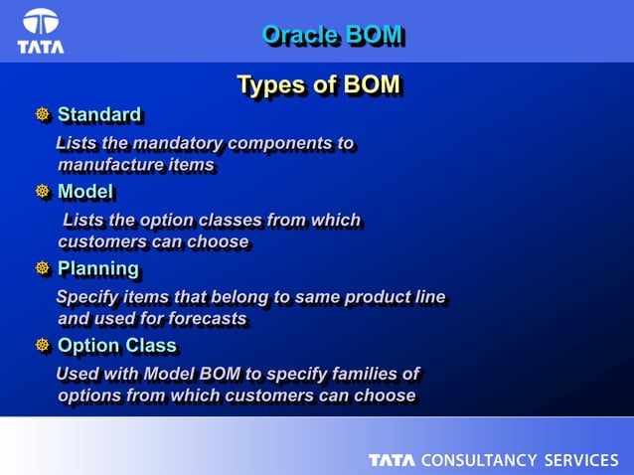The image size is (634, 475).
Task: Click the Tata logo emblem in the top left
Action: [x=41, y=24]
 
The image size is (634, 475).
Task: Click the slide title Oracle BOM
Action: [x=332, y=36]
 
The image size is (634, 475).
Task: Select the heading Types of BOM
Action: [x=318, y=85]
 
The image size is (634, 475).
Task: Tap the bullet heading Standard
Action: [x=98, y=115]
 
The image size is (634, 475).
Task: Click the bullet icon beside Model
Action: [x=43, y=192]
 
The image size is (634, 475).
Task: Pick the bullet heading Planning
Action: [x=97, y=269]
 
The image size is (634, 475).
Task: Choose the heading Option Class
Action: [x=116, y=346]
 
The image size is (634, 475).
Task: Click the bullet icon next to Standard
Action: [x=43, y=115]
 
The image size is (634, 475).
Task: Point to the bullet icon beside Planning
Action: [x=43, y=269]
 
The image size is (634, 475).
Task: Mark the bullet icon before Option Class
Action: [x=43, y=346]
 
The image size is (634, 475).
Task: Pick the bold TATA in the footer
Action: [x=393, y=460]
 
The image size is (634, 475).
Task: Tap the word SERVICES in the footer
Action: [x=580, y=460]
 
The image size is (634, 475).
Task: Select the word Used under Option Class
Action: [x=76, y=374]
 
